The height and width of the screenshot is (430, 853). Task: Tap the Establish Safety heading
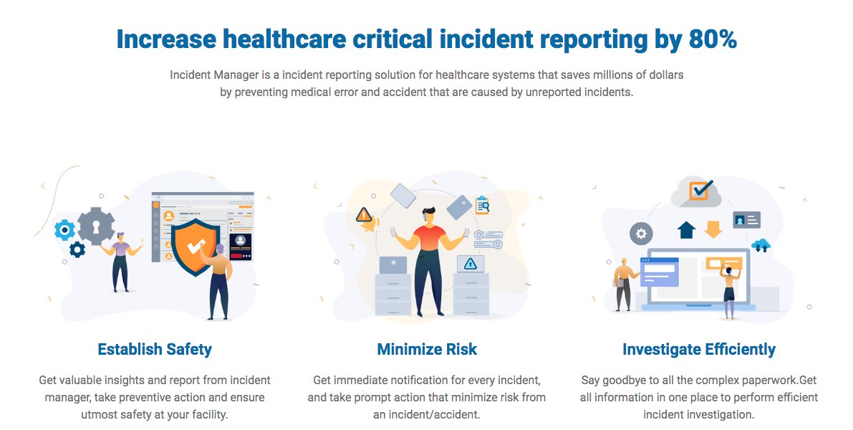pyautogui.click(x=155, y=350)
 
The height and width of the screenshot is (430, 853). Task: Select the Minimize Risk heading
pyautogui.click(x=427, y=350)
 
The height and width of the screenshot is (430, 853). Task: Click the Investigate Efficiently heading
pyautogui.click(x=699, y=350)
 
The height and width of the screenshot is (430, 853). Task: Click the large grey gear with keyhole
pyautogui.click(x=96, y=226)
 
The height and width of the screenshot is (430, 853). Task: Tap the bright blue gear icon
pyautogui.click(x=64, y=230)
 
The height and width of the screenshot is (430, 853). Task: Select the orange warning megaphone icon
pyautogui.click(x=365, y=219)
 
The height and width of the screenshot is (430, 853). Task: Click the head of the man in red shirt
pyautogui.click(x=429, y=214)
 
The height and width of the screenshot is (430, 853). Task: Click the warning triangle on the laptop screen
pyautogui.click(x=470, y=264)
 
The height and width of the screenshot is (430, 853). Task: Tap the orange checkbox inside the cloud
pyautogui.click(x=701, y=190)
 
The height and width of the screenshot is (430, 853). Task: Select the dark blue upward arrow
pyautogui.click(x=687, y=229)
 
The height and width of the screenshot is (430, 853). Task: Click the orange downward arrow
pyautogui.click(x=713, y=229)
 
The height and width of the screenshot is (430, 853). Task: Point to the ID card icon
pyautogui.click(x=746, y=220)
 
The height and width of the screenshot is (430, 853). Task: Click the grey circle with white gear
pyautogui.click(x=641, y=234)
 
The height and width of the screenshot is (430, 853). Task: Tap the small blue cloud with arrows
pyautogui.click(x=761, y=246)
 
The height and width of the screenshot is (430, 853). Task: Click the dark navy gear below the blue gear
pyautogui.click(x=77, y=250)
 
